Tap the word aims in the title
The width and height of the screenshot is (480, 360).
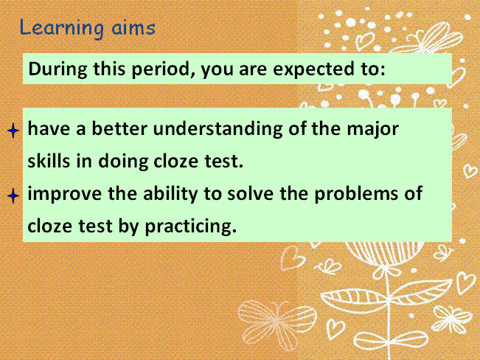(133, 28)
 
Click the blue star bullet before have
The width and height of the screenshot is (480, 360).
(13, 131)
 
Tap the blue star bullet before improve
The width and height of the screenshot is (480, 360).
(13, 195)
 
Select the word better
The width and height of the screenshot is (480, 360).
(119, 128)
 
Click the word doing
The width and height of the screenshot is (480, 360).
(123, 162)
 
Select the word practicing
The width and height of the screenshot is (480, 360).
(190, 226)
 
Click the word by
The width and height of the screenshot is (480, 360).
(128, 226)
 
